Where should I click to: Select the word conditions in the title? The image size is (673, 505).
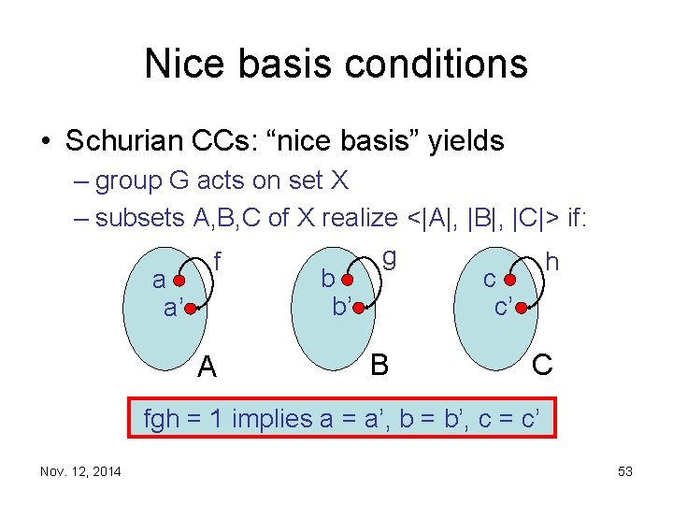point(436,64)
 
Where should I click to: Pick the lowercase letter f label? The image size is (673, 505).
point(218,257)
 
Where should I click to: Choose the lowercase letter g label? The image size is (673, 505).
point(389,255)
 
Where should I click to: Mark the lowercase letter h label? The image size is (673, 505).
point(551,262)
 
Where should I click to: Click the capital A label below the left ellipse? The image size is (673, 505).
point(208,368)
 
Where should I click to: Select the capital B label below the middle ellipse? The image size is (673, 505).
point(379,363)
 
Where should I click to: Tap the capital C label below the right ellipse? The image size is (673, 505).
point(541,364)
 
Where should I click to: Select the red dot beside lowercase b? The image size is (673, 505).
point(348,279)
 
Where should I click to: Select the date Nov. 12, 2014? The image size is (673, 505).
point(80,471)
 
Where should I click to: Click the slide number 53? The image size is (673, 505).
point(624,471)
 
